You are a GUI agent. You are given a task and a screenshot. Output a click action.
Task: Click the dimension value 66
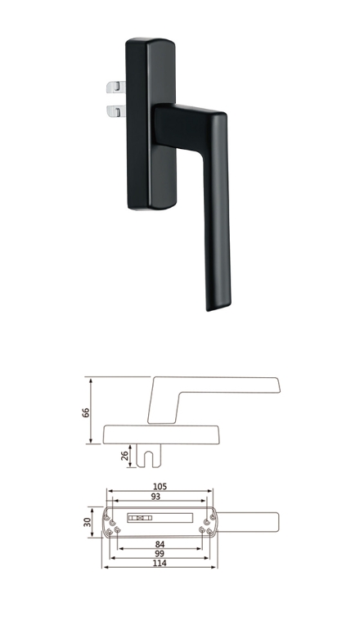86,412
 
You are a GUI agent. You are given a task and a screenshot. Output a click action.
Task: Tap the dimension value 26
124,456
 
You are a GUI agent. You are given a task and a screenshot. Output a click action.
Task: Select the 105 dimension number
160,487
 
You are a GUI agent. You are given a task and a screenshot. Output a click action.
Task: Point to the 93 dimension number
155,497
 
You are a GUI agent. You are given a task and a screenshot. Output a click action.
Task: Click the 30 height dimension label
88,522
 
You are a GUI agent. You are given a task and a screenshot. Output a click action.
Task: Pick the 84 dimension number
160,544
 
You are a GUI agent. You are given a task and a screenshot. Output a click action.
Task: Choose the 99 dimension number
160,554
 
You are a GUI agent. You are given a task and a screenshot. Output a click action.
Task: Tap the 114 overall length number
160,563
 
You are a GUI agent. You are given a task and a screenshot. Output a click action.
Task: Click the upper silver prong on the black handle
116,87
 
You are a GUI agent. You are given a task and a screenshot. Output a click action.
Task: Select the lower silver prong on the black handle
116,110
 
